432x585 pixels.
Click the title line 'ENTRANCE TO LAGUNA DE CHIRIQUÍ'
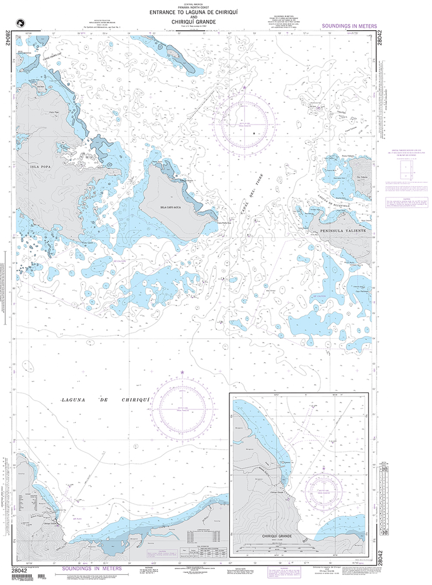point(183,12)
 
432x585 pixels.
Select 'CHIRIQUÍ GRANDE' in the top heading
point(183,22)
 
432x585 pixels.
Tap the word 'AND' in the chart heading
point(183,17)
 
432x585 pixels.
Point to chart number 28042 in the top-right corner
point(380,42)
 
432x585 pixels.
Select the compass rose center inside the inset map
point(324,490)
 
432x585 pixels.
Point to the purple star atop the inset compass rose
point(324,468)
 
